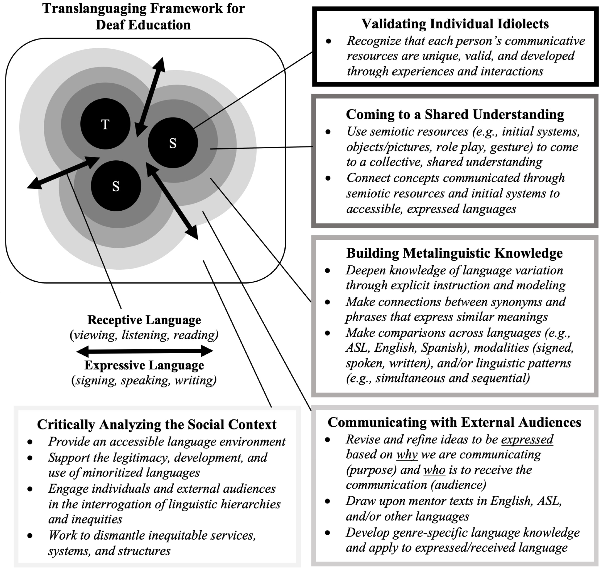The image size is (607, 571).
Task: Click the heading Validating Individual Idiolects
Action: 455,24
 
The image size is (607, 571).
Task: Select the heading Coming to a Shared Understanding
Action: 455,114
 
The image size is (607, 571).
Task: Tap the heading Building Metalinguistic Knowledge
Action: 454,253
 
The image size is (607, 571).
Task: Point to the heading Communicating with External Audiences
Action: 454,422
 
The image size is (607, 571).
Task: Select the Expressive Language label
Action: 144,365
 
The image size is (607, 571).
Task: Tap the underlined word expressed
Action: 527,440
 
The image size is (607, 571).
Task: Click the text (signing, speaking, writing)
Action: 144,380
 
